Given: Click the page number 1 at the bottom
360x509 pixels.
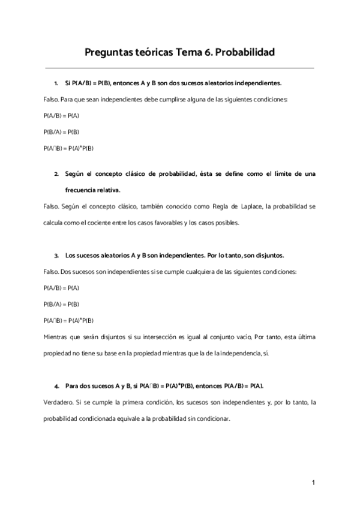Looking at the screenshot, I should click(x=313, y=482).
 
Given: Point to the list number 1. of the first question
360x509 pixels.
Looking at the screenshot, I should click(x=56, y=83).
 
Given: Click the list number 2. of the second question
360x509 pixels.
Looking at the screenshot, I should click(x=56, y=173).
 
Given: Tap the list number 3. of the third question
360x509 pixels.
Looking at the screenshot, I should click(x=56, y=255).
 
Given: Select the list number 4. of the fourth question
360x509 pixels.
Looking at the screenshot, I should click(x=56, y=385).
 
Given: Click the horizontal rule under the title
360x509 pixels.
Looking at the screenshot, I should click(x=179, y=68).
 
